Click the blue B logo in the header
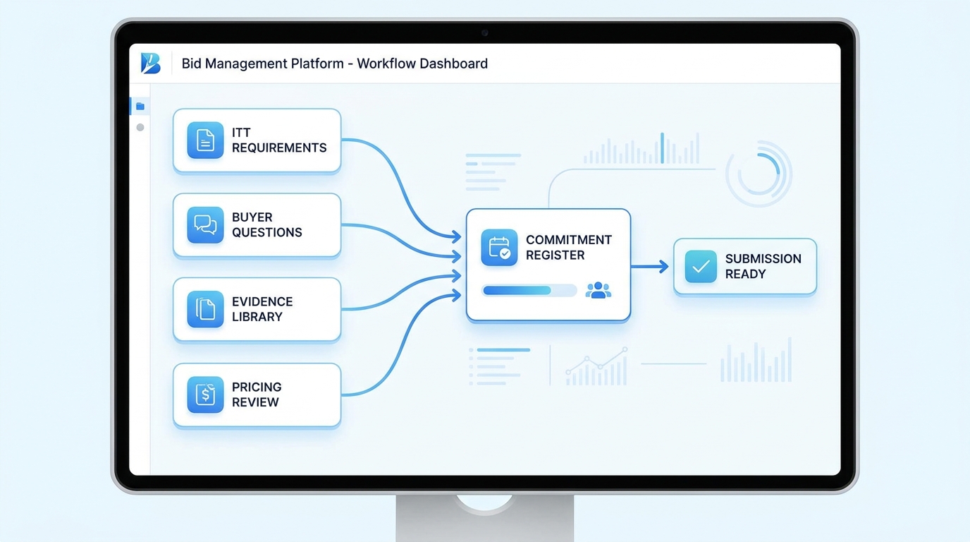(x=151, y=64)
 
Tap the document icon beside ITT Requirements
(x=205, y=140)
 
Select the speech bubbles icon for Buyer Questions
(x=205, y=224)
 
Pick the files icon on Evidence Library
(x=205, y=309)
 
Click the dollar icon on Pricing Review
(x=205, y=395)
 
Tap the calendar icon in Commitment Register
(x=499, y=247)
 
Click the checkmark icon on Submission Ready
(x=701, y=266)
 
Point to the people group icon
(x=598, y=290)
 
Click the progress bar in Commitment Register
(x=529, y=291)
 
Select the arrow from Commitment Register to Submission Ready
(x=649, y=266)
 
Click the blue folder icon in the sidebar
(x=140, y=107)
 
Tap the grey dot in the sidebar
(x=140, y=128)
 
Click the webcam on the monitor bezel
(x=484, y=33)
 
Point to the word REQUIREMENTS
(x=279, y=148)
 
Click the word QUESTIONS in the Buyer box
(x=266, y=232)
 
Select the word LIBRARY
(x=257, y=317)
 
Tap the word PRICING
(x=257, y=387)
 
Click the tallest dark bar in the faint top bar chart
(x=662, y=148)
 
